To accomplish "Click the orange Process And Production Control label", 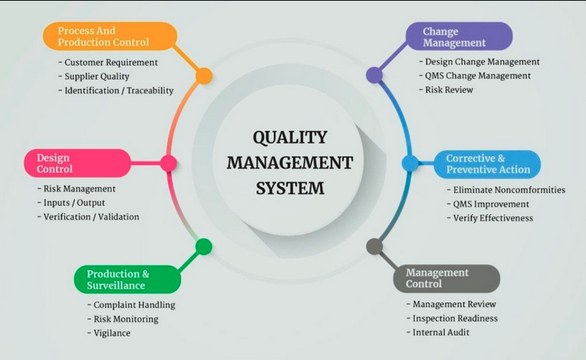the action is pyautogui.click(x=110, y=36).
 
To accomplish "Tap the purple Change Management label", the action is pyautogui.click(x=459, y=36).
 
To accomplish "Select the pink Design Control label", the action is pyautogui.click(x=78, y=163).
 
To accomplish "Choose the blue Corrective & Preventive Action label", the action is pyautogui.click(x=487, y=164).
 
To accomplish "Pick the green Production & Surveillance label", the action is pyautogui.click(x=128, y=280).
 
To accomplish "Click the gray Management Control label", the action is pyautogui.click(x=447, y=278).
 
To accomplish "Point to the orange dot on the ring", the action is pyautogui.click(x=204, y=76).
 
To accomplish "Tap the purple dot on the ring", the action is pyautogui.click(x=374, y=75).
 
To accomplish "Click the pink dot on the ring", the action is pyautogui.click(x=169, y=163).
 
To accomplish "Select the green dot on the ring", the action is pyautogui.click(x=203, y=247).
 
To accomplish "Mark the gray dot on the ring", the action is pyautogui.click(x=375, y=247).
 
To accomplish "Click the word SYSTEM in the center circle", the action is pyautogui.click(x=290, y=188).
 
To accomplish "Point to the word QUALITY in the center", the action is pyautogui.click(x=290, y=137).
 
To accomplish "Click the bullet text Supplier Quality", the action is pyautogui.click(x=96, y=76).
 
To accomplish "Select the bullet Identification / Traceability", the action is pyautogui.click(x=119, y=91).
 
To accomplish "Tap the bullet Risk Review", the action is pyautogui.click(x=449, y=90).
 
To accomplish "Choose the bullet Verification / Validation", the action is pyautogui.click(x=91, y=217).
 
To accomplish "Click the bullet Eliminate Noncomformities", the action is pyautogui.click(x=509, y=190).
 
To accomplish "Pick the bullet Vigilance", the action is pyautogui.click(x=112, y=333).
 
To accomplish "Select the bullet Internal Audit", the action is pyautogui.click(x=441, y=333).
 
